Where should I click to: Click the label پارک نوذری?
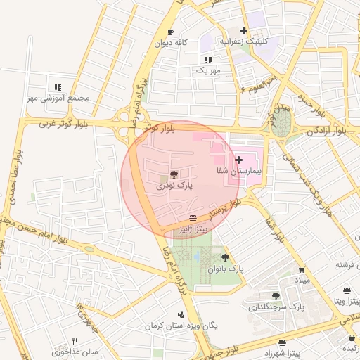(174, 186)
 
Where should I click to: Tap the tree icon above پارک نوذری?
(174, 174)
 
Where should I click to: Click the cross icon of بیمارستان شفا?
(238, 160)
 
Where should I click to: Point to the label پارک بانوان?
(225, 269)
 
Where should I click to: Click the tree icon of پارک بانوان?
(225, 257)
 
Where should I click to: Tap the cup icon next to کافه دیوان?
(170, 32)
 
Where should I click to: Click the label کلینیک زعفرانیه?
(244, 41)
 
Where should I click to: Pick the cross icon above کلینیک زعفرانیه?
(244, 30)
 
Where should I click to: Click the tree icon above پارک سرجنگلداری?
(276, 296)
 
